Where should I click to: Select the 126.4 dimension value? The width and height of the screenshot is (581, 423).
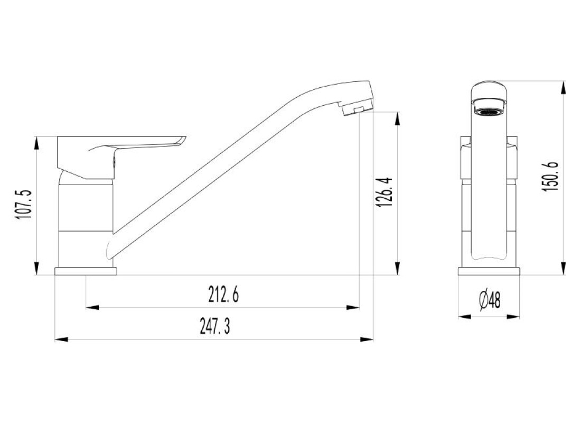point(384,192)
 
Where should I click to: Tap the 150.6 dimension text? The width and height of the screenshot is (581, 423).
point(550,177)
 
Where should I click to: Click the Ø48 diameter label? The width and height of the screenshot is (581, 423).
point(490,300)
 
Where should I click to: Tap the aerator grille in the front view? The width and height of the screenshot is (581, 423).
point(489,112)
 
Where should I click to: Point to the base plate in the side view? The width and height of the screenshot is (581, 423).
point(86,271)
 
